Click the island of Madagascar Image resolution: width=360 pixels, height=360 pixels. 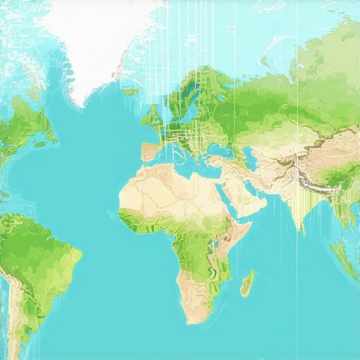247,284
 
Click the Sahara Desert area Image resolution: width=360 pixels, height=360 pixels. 169,190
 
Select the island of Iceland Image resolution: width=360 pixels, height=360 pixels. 130,91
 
